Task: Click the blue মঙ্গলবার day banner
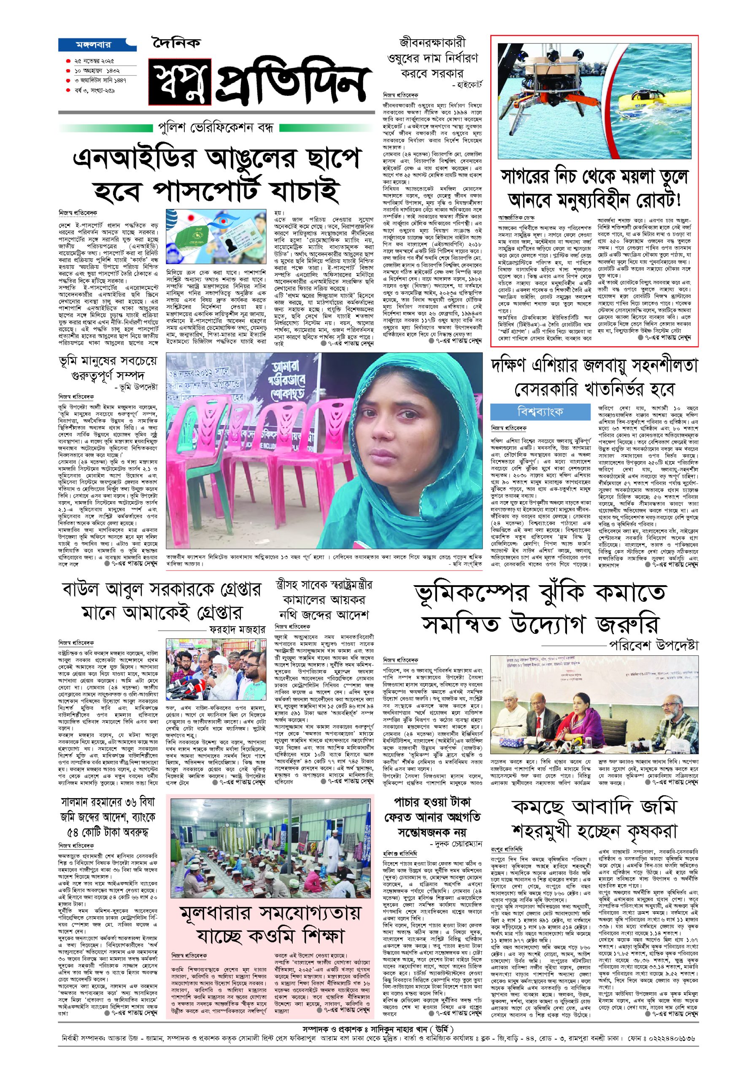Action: click(x=97, y=45)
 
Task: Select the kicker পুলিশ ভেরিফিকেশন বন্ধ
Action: click(x=219, y=128)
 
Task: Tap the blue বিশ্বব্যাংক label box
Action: click(x=540, y=412)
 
